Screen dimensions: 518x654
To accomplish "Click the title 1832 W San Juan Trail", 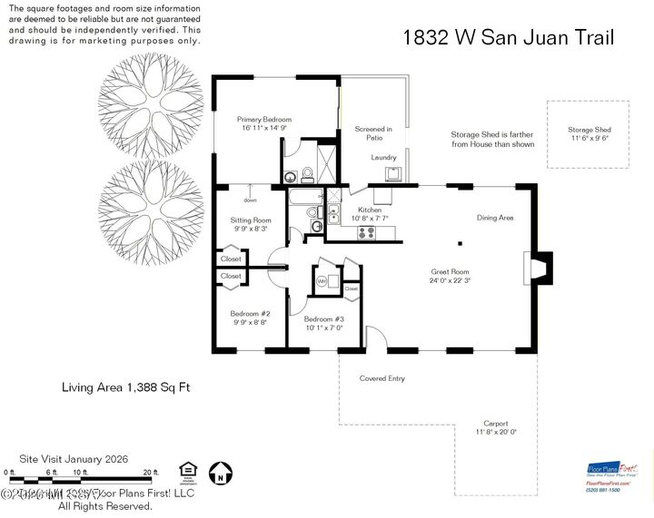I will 509,37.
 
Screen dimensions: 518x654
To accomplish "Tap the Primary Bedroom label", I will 263,120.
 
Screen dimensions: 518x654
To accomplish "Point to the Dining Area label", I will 495,218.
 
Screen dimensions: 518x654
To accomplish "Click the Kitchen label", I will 370,210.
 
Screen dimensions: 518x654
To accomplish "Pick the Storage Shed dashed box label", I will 590,131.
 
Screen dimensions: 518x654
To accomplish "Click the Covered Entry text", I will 381,378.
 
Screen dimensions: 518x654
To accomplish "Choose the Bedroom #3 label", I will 323,318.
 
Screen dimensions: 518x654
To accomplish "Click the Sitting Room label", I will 252,220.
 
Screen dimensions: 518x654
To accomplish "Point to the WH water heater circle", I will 322,281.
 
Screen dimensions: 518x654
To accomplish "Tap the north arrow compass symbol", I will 218,472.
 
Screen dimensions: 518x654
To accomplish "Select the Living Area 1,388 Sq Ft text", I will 125,388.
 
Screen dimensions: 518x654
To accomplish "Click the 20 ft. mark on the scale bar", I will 150,473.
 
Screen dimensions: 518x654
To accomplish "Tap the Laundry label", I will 383,158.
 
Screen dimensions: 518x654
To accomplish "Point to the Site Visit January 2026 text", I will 81,459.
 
